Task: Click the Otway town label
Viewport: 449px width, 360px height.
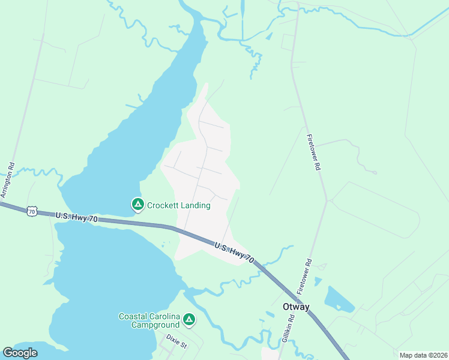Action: [296, 307]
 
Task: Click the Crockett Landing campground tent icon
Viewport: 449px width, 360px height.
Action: [137, 205]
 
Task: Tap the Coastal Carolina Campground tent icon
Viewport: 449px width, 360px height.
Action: [189, 320]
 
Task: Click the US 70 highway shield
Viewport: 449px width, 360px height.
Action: [32, 211]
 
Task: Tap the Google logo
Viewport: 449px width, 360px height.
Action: [20, 353]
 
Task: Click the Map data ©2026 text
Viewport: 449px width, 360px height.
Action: [423, 355]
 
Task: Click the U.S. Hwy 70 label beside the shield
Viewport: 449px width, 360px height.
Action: [76, 217]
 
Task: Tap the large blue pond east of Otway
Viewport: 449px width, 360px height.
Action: [339, 299]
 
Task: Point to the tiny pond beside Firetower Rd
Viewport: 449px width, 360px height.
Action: [318, 281]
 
